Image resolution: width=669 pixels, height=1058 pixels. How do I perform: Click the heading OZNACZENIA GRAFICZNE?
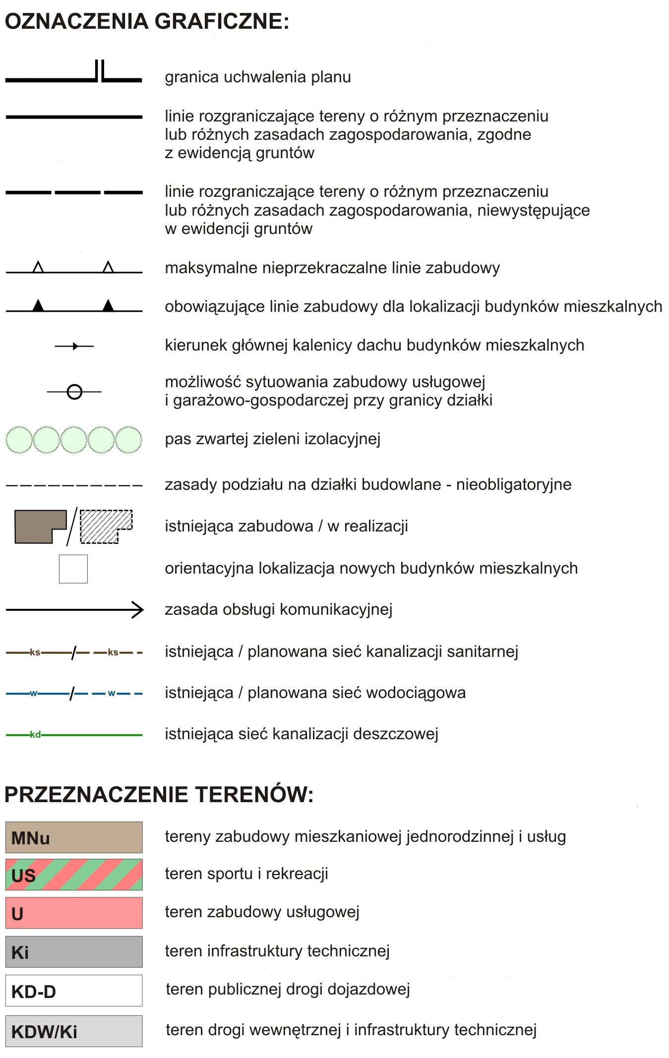pyautogui.click(x=147, y=21)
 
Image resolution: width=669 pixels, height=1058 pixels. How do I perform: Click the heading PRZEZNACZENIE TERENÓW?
pyautogui.click(x=159, y=794)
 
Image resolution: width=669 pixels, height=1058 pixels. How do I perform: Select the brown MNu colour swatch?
pyautogui.click(x=74, y=837)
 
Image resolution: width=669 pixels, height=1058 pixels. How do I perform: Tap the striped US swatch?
pyautogui.click(x=74, y=875)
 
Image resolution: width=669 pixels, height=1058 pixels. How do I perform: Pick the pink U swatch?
pyautogui.click(x=74, y=913)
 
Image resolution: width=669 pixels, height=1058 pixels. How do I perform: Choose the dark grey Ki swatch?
pyautogui.click(x=74, y=951)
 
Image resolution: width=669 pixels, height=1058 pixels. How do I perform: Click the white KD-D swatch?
pyautogui.click(x=74, y=991)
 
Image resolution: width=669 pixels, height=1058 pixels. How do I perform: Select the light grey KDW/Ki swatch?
pyautogui.click(x=74, y=1031)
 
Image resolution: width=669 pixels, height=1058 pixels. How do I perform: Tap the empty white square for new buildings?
pyautogui.click(x=73, y=569)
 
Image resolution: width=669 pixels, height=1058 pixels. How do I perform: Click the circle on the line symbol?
pyautogui.click(x=74, y=392)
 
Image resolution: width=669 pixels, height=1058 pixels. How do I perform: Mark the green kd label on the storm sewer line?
pyautogui.click(x=35, y=734)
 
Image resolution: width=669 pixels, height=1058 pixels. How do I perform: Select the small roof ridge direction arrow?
pyautogui.click(x=74, y=346)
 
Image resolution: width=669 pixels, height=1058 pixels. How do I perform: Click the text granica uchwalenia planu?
pyautogui.click(x=258, y=77)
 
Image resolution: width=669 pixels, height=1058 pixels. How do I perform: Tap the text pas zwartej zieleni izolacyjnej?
pyautogui.click(x=272, y=439)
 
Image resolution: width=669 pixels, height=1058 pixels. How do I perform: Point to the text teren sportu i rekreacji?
pyautogui.click(x=246, y=874)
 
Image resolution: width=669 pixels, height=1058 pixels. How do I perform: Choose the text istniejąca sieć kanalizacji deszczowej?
pyautogui.click(x=302, y=733)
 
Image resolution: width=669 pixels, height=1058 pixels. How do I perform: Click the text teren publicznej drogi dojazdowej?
pyautogui.click(x=288, y=989)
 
